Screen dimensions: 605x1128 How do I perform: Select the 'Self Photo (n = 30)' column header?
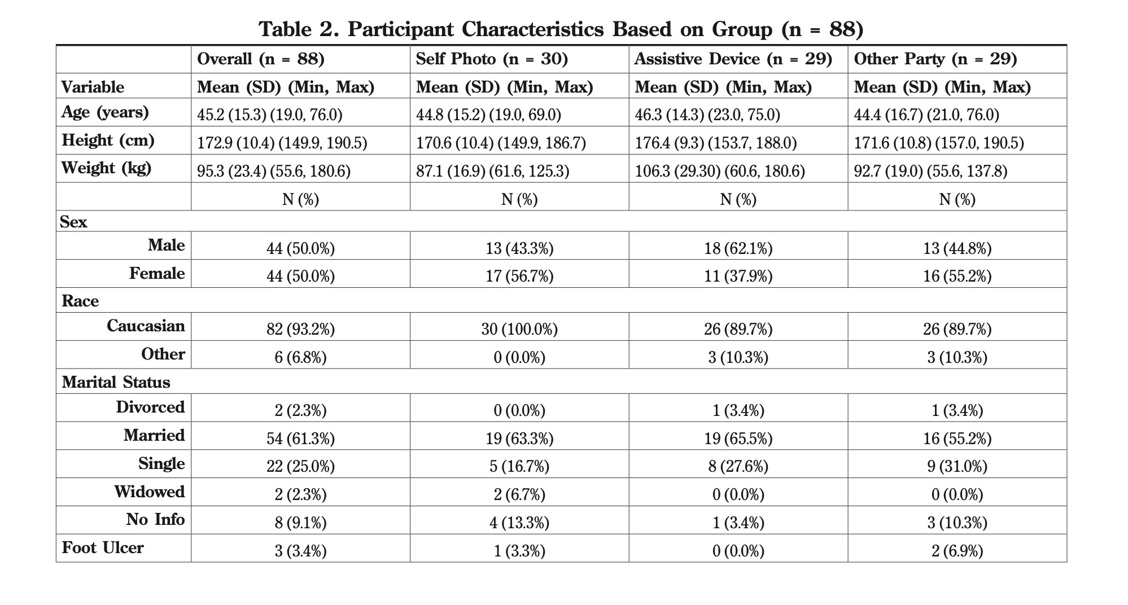[492, 59]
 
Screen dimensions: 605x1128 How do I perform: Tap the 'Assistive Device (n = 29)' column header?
[733, 59]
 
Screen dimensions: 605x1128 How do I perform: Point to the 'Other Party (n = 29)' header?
[935, 59]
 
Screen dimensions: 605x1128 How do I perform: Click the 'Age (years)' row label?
[105, 112]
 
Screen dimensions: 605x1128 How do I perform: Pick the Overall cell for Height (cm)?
[282, 143]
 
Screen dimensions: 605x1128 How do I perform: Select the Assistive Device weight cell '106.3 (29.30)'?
[720, 171]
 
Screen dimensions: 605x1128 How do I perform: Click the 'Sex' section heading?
[73, 222]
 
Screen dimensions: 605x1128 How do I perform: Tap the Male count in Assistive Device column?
[738, 248]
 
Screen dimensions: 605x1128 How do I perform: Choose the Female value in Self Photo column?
[519, 276]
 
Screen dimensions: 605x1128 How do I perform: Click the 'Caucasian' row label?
[146, 326]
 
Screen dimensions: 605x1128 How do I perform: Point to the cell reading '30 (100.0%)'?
[519, 329]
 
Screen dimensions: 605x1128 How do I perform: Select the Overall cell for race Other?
[300, 357]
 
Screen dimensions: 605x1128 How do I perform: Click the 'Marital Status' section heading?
[116, 382]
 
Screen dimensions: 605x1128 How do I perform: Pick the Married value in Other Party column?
[957, 439]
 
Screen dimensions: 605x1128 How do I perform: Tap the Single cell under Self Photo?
[519, 467]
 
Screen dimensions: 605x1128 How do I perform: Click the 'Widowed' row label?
[149, 492]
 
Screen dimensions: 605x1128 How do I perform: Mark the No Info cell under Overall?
[300, 523]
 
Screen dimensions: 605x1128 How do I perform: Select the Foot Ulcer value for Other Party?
[957, 551]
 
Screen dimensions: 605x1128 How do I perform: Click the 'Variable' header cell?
[93, 87]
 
